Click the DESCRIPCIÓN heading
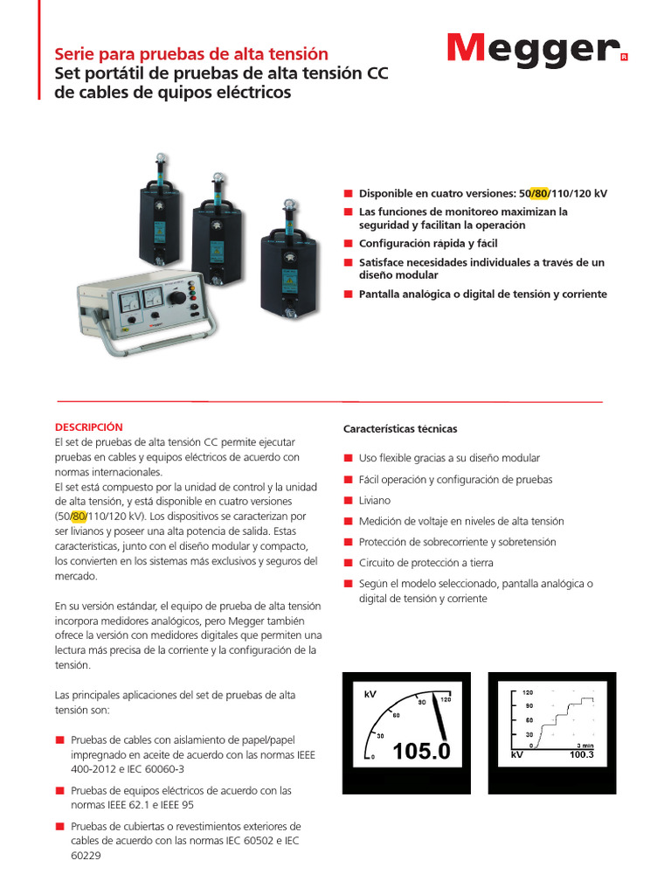pos(88,427)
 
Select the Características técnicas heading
pos(400,429)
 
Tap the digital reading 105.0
pos(421,751)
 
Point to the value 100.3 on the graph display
pos(581,753)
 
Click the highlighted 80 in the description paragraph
pos(80,516)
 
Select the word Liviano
pos(375,501)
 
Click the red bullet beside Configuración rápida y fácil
pos(348,244)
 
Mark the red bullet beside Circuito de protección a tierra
pos(348,563)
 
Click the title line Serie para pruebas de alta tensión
pos(191,54)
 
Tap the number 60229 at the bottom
pos(86,856)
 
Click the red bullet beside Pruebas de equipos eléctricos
pos(59,790)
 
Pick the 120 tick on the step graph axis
pos(527,692)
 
